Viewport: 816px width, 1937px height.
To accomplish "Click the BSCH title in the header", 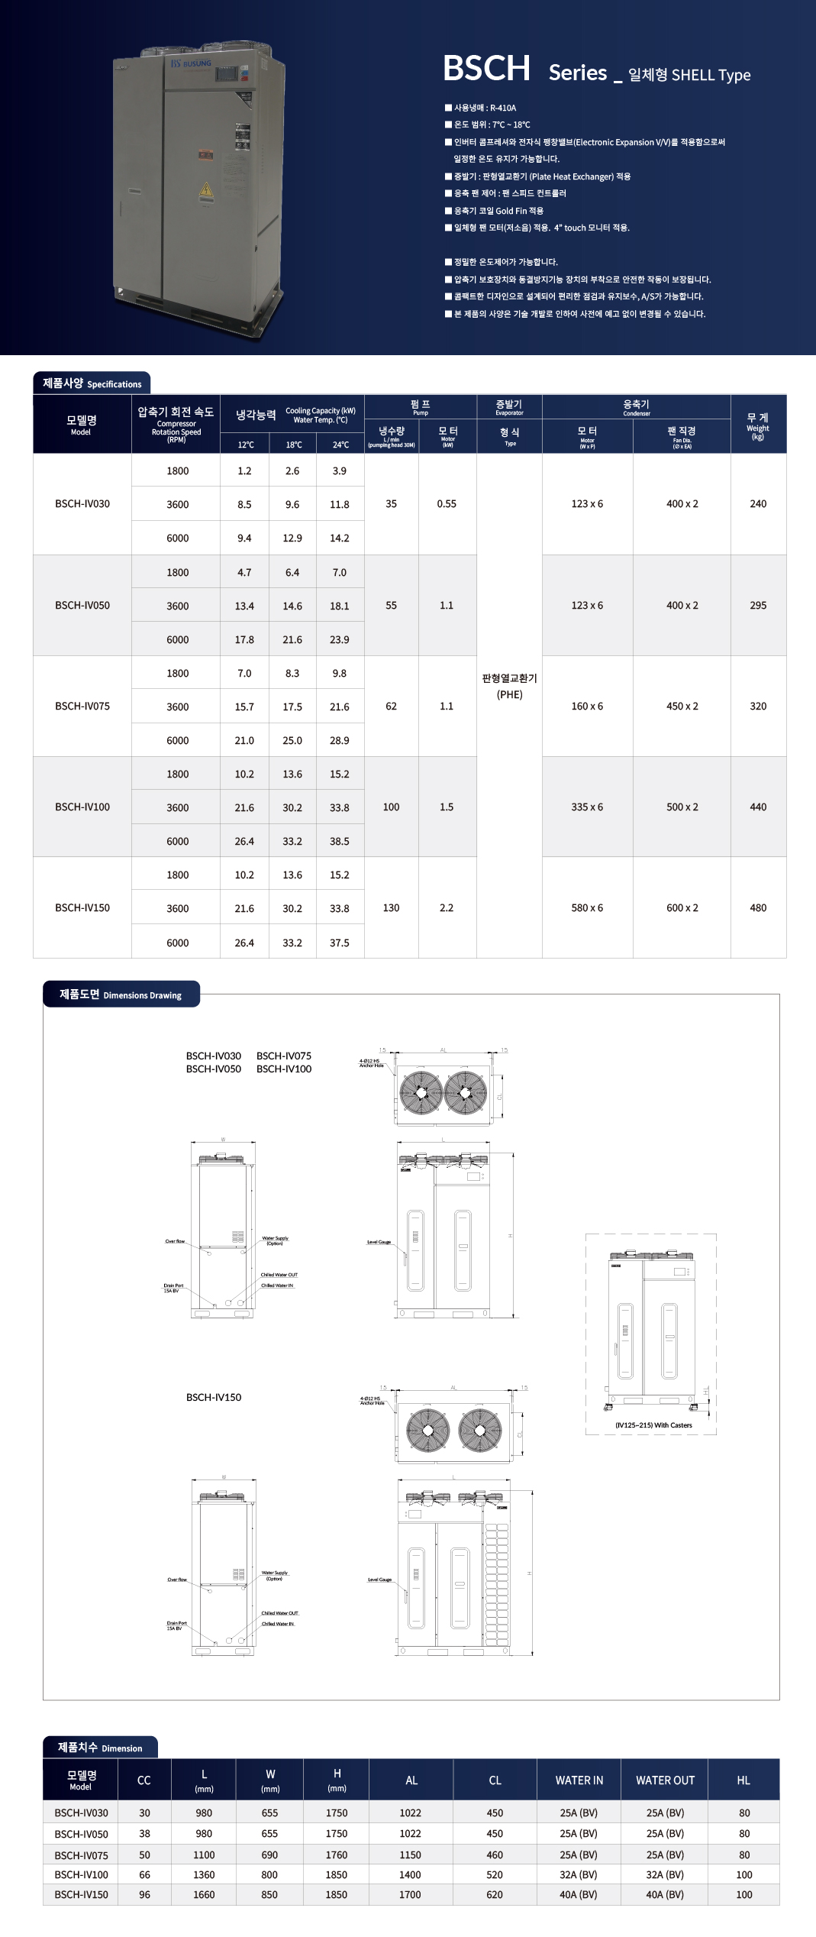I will pyautogui.click(x=486, y=69).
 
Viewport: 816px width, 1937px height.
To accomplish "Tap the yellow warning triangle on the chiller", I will pyautogui.click(x=206, y=189).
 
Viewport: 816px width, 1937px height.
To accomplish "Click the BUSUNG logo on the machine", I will pyautogui.click(x=191, y=63).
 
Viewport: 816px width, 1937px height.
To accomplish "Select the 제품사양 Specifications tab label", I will pyautogui.click(x=92, y=383).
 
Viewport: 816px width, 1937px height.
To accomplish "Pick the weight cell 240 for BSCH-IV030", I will pyautogui.click(x=758, y=504).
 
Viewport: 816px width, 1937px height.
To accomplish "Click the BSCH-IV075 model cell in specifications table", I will pyautogui.click(x=82, y=707).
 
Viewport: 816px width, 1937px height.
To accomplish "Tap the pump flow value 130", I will pyautogui.click(x=391, y=908).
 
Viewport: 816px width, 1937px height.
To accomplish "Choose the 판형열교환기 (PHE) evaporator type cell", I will pyautogui.click(x=509, y=686).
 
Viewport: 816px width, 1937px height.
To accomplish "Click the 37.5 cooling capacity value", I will pyautogui.click(x=340, y=943).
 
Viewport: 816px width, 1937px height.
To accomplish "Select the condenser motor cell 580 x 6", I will pyautogui.click(x=587, y=908).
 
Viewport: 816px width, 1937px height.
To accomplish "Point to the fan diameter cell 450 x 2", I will pyautogui.click(x=682, y=707).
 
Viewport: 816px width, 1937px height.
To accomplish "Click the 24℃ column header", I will pyautogui.click(x=340, y=445).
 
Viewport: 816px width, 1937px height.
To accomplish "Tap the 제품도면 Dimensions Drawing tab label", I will pyautogui.click(x=121, y=994).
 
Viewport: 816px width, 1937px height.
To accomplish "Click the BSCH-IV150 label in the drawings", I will pyautogui.click(x=214, y=1397).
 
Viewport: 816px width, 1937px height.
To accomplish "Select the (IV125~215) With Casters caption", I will pyautogui.click(x=653, y=1425).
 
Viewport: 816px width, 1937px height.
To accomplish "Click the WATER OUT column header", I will pyautogui.click(x=665, y=1780).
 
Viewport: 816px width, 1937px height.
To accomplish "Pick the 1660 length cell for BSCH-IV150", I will pyautogui.click(x=204, y=1894).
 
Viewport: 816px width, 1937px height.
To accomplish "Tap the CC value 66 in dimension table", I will pyautogui.click(x=144, y=1874).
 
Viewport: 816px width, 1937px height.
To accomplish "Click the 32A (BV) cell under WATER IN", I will pyautogui.click(x=579, y=1874).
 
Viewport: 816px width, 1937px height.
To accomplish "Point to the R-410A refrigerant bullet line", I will pyautogui.click(x=485, y=108).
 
